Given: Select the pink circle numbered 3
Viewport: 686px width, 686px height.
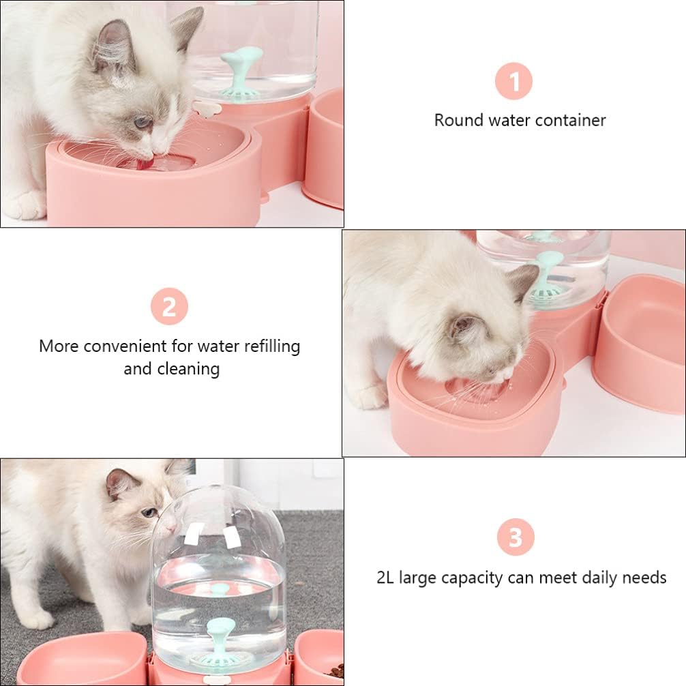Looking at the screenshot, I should pos(516,537).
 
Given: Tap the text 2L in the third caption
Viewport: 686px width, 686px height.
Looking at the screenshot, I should pos(386,578).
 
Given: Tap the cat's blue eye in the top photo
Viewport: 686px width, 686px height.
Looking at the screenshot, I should pos(143,123).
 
